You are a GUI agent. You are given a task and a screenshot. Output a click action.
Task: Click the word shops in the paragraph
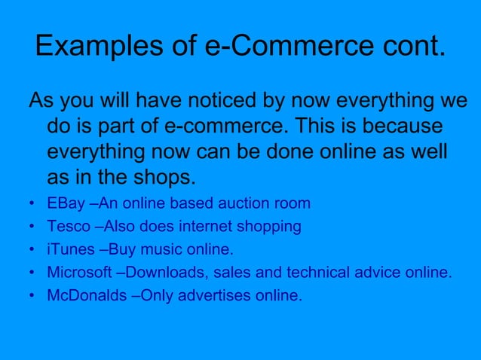(162, 178)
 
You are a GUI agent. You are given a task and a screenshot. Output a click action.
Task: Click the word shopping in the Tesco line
(273, 227)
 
